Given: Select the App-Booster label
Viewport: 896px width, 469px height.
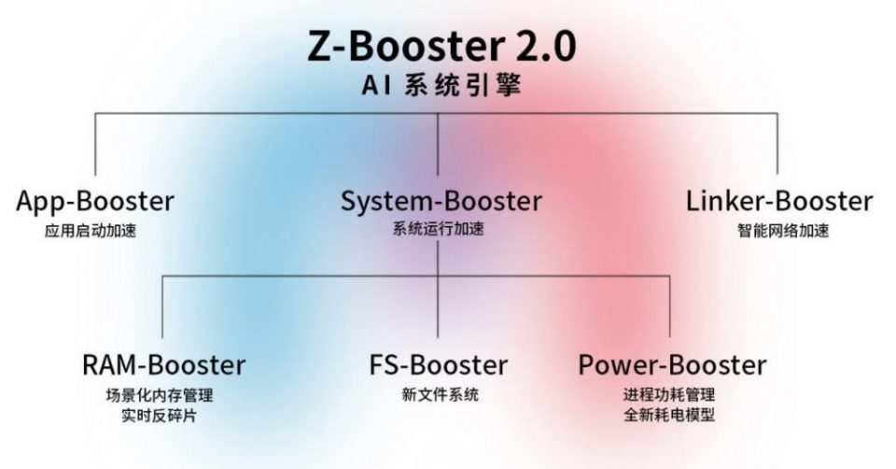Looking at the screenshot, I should tap(95, 201).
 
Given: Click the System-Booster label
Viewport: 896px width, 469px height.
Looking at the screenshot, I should tap(441, 201).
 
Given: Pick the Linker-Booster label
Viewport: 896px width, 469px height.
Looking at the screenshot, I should tap(779, 201).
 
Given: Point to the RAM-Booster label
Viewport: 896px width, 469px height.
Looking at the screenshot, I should tap(163, 363).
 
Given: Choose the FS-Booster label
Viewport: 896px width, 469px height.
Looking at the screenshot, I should tap(439, 363).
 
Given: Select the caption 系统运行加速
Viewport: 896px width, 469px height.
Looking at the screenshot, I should tap(439, 230).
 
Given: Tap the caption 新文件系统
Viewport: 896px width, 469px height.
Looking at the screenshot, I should tap(439, 394).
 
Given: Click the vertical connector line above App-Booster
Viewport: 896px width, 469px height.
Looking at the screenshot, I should tap(95, 145).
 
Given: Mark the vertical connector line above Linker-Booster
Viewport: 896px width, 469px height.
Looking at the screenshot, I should tap(777, 145).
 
